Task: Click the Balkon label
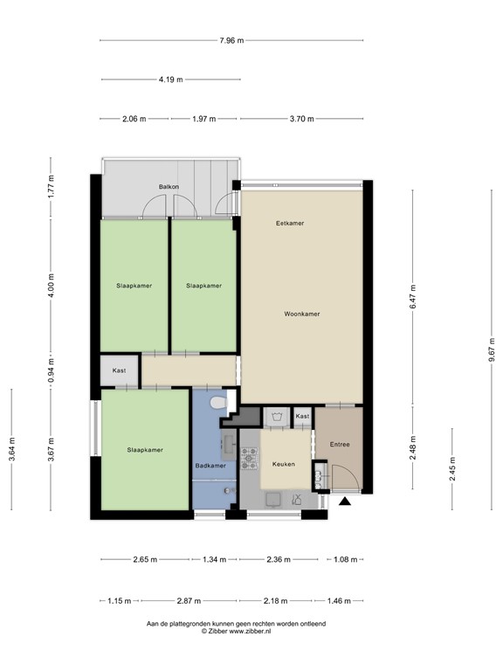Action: (x=169, y=187)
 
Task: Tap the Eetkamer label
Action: (x=290, y=223)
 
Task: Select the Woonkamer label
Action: (x=302, y=314)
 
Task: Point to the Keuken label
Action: (x=284, y=464)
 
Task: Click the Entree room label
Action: (x=340, y=444)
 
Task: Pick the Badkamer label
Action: (x=210, y=466)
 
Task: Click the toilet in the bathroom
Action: (x=219, y=403)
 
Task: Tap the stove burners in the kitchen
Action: (x=250, y=459)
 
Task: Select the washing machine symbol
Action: (x=276, y=417)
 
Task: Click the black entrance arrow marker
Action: (x=345, y=502)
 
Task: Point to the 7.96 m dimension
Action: (x=231, y=41)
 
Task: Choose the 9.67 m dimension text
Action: (x=493, y=349)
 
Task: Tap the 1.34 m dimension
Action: (x=214, y=559)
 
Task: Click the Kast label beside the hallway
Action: (x=119, y=370)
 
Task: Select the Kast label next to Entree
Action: (x=302, y=416)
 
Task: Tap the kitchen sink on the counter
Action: (x=272, y=499)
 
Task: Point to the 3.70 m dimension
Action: (x=302, y=119)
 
